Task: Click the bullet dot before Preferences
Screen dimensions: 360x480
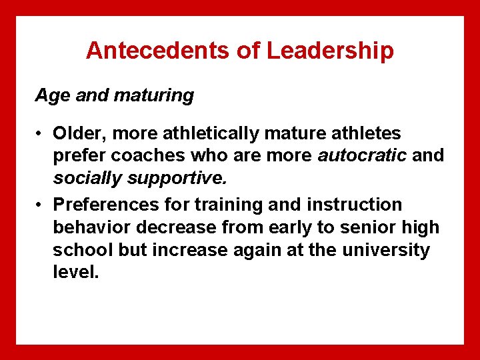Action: (x=41, y=205)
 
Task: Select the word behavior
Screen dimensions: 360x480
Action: (x=89, y=227)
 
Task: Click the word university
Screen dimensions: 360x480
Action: (x=386, y=250)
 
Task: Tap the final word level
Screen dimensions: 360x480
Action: (x=75, y=273)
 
